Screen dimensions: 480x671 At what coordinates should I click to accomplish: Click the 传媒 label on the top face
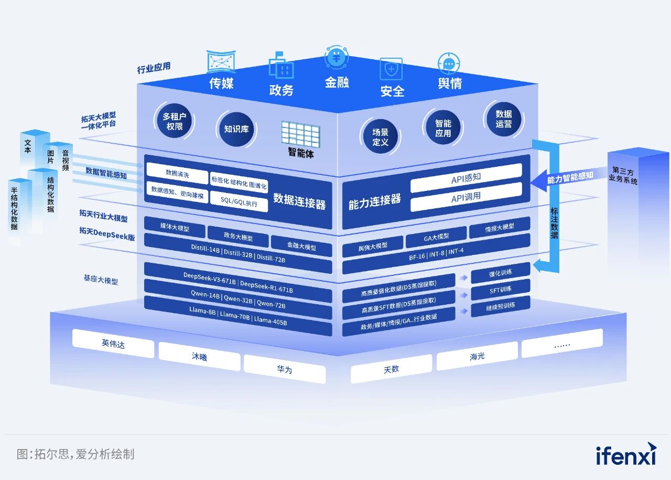[221, 83]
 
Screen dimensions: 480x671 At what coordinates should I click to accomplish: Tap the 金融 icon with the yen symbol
[336, 56]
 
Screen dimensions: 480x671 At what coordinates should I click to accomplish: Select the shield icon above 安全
[391, 69]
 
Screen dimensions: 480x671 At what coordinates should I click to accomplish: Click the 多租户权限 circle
[174, 121]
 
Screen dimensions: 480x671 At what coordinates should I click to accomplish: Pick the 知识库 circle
[236, 129]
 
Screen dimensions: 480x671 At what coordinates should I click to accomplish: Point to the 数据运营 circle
[503, 119]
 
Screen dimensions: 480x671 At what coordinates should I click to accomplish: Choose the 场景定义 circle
[380, 137]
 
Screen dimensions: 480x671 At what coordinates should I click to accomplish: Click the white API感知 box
[466, 177]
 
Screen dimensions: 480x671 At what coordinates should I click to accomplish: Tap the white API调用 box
[466, 197]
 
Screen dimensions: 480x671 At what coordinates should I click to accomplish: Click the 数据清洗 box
[177, 173]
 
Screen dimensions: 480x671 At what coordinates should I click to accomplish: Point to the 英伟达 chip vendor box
[113, 344]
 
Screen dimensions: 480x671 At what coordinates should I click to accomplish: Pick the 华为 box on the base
[285, 369]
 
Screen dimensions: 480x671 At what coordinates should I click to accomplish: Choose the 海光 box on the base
[477, 357]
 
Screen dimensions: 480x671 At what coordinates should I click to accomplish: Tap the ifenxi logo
[626, 454]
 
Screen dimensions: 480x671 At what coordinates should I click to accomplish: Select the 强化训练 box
[500, 273]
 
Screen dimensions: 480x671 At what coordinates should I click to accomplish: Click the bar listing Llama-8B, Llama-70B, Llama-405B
[238, 317]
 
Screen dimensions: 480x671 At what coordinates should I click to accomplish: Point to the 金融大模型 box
[301, 247]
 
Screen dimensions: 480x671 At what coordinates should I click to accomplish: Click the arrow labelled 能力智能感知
[564, 177]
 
